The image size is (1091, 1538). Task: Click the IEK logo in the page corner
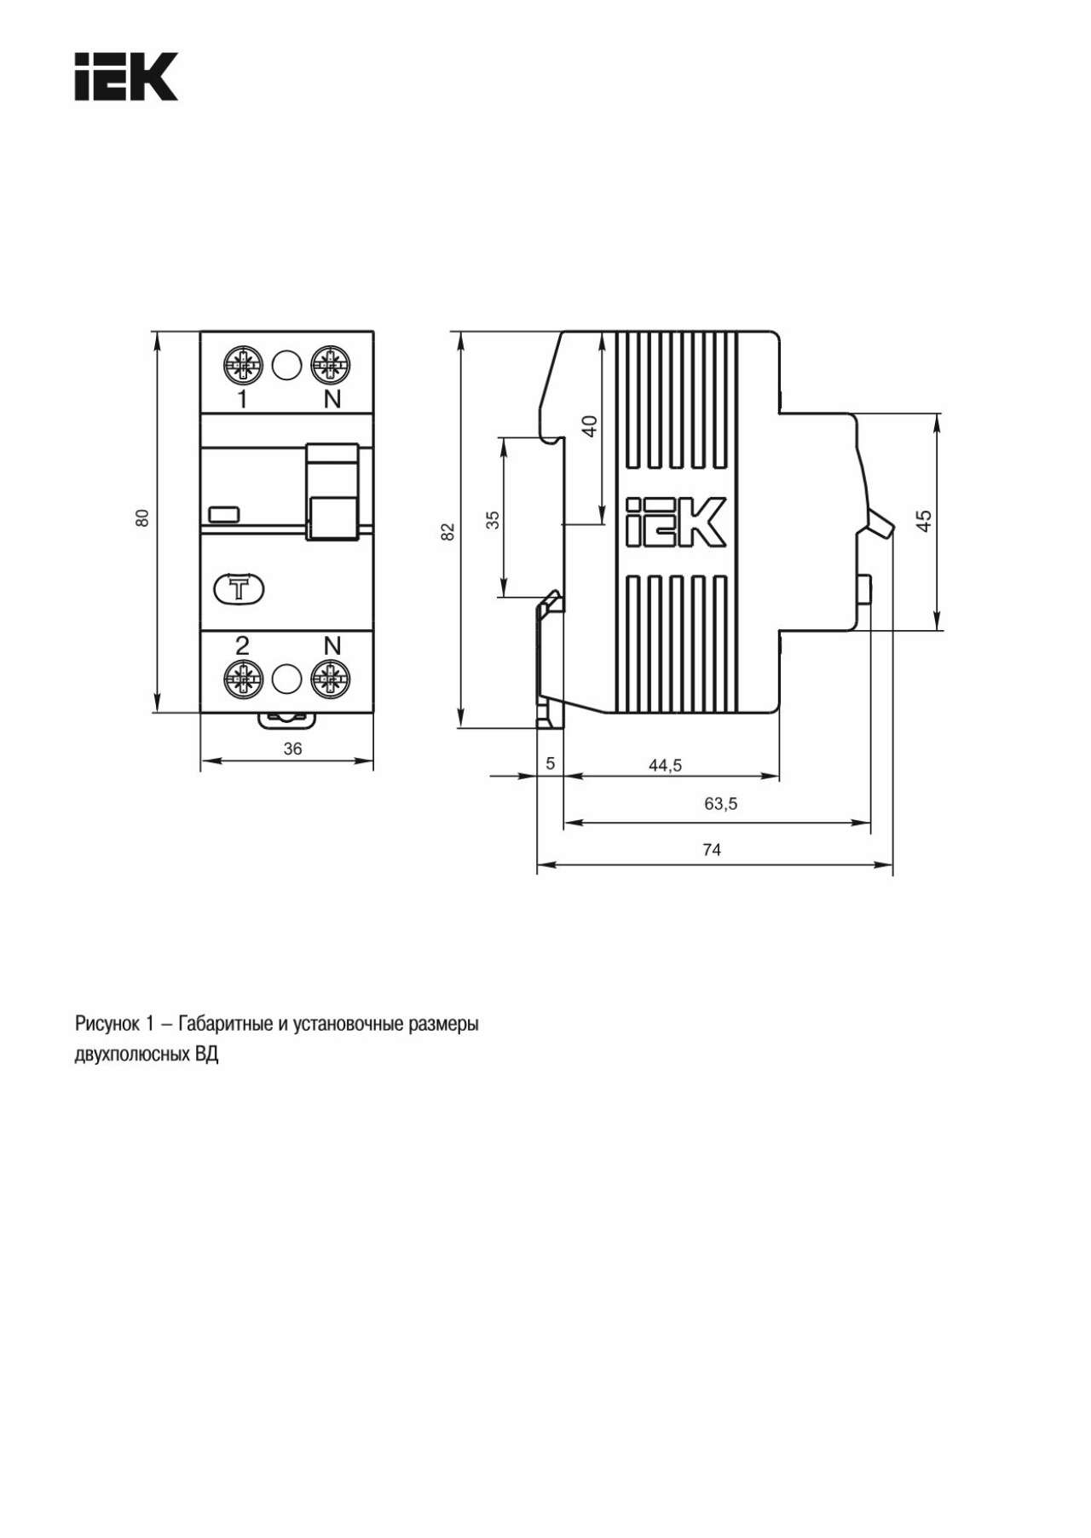pos(126,77)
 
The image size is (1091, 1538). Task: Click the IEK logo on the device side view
pos(675,521)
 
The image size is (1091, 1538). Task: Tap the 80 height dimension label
pos(142,517)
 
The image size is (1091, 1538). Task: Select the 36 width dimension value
pos(292,749)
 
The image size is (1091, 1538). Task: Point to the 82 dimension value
pos(448,531)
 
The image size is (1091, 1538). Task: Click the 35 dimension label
pos(493,520)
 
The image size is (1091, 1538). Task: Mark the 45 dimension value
pos(924,520)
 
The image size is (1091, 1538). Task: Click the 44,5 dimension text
pos(665,765)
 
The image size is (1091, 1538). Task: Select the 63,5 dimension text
pos(721,803)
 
